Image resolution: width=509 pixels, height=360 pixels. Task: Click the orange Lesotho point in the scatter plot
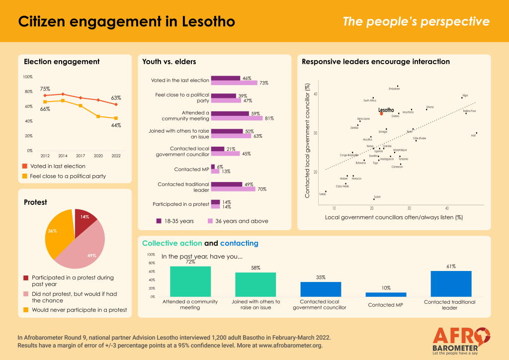[381, 113]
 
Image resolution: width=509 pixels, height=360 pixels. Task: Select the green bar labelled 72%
[190, 281]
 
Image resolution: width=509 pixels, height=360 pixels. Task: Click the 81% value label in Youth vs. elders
[269, 118]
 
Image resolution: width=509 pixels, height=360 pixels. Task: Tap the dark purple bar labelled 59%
[230, 113]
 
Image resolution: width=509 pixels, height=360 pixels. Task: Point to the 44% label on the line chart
[115, 125]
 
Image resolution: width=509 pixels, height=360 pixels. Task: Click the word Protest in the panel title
[36, 202]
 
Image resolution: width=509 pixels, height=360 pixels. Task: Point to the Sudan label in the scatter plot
[377, 196]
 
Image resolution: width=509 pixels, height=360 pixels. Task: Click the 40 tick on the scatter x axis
[447, 208]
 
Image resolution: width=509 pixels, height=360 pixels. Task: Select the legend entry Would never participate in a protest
[79, 309]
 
